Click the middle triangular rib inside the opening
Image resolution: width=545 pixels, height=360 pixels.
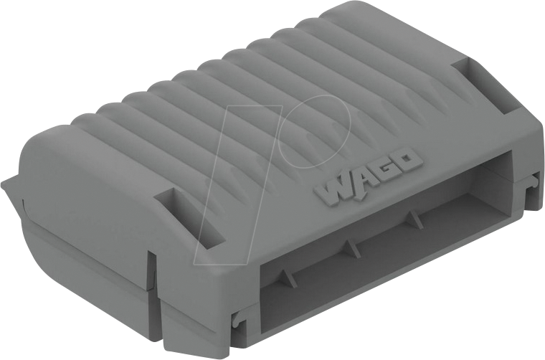[349, 247]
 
